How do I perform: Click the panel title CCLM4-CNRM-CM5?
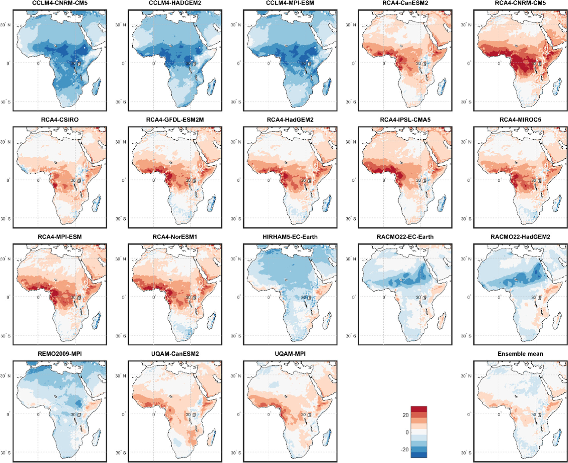click(60, 3)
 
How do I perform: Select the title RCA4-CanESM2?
click(405, 3)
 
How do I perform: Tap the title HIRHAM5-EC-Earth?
click(290, 237)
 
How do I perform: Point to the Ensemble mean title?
click(520, 354)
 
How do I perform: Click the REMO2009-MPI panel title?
click(60, 354)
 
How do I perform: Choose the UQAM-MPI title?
click(290, 354)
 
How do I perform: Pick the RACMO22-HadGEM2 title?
click(520, 237)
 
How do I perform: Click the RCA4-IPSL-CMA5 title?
click(405, 120)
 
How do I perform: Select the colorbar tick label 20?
click(406, 415)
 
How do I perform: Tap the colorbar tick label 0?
click(407, 432)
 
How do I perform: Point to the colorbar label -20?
click(405, 449)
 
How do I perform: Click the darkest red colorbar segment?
click(419, 409)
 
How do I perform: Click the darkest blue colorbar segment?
click(419, 455)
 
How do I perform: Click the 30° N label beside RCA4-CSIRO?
click(5, 142)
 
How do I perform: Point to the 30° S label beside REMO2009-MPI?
click(5, 452)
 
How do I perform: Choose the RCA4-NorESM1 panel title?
click(175, 237)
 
